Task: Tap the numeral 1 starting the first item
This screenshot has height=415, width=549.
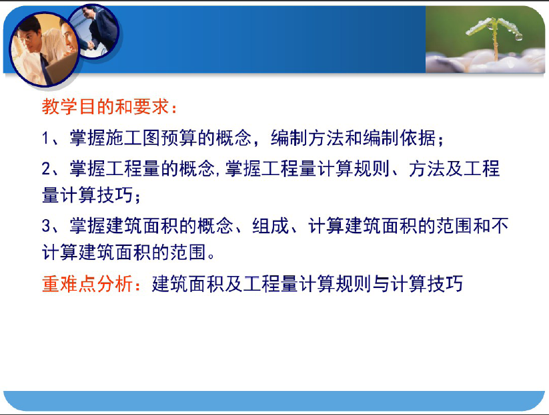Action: (x=45, y=138)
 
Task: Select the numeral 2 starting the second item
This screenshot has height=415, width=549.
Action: (x=46, y=168)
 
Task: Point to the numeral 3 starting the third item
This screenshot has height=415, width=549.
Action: (x=46, y=226)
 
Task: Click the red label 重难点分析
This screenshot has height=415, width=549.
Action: (x=87, y=284)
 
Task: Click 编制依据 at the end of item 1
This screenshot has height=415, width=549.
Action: (x=400, y=138)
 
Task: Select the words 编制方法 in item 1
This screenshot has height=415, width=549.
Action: (x=308, y=138)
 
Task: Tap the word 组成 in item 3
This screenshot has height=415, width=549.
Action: (x=271, y=226)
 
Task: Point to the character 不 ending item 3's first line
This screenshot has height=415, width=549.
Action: (x=500, y=226)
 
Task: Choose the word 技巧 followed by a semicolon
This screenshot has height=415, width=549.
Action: (x=115, y=195)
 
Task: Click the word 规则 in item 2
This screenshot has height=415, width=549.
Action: (x=372, y=168)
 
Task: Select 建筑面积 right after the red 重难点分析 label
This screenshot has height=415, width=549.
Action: (x=188, y=284)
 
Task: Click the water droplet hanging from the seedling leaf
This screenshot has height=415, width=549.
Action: (x=518, y=36)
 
